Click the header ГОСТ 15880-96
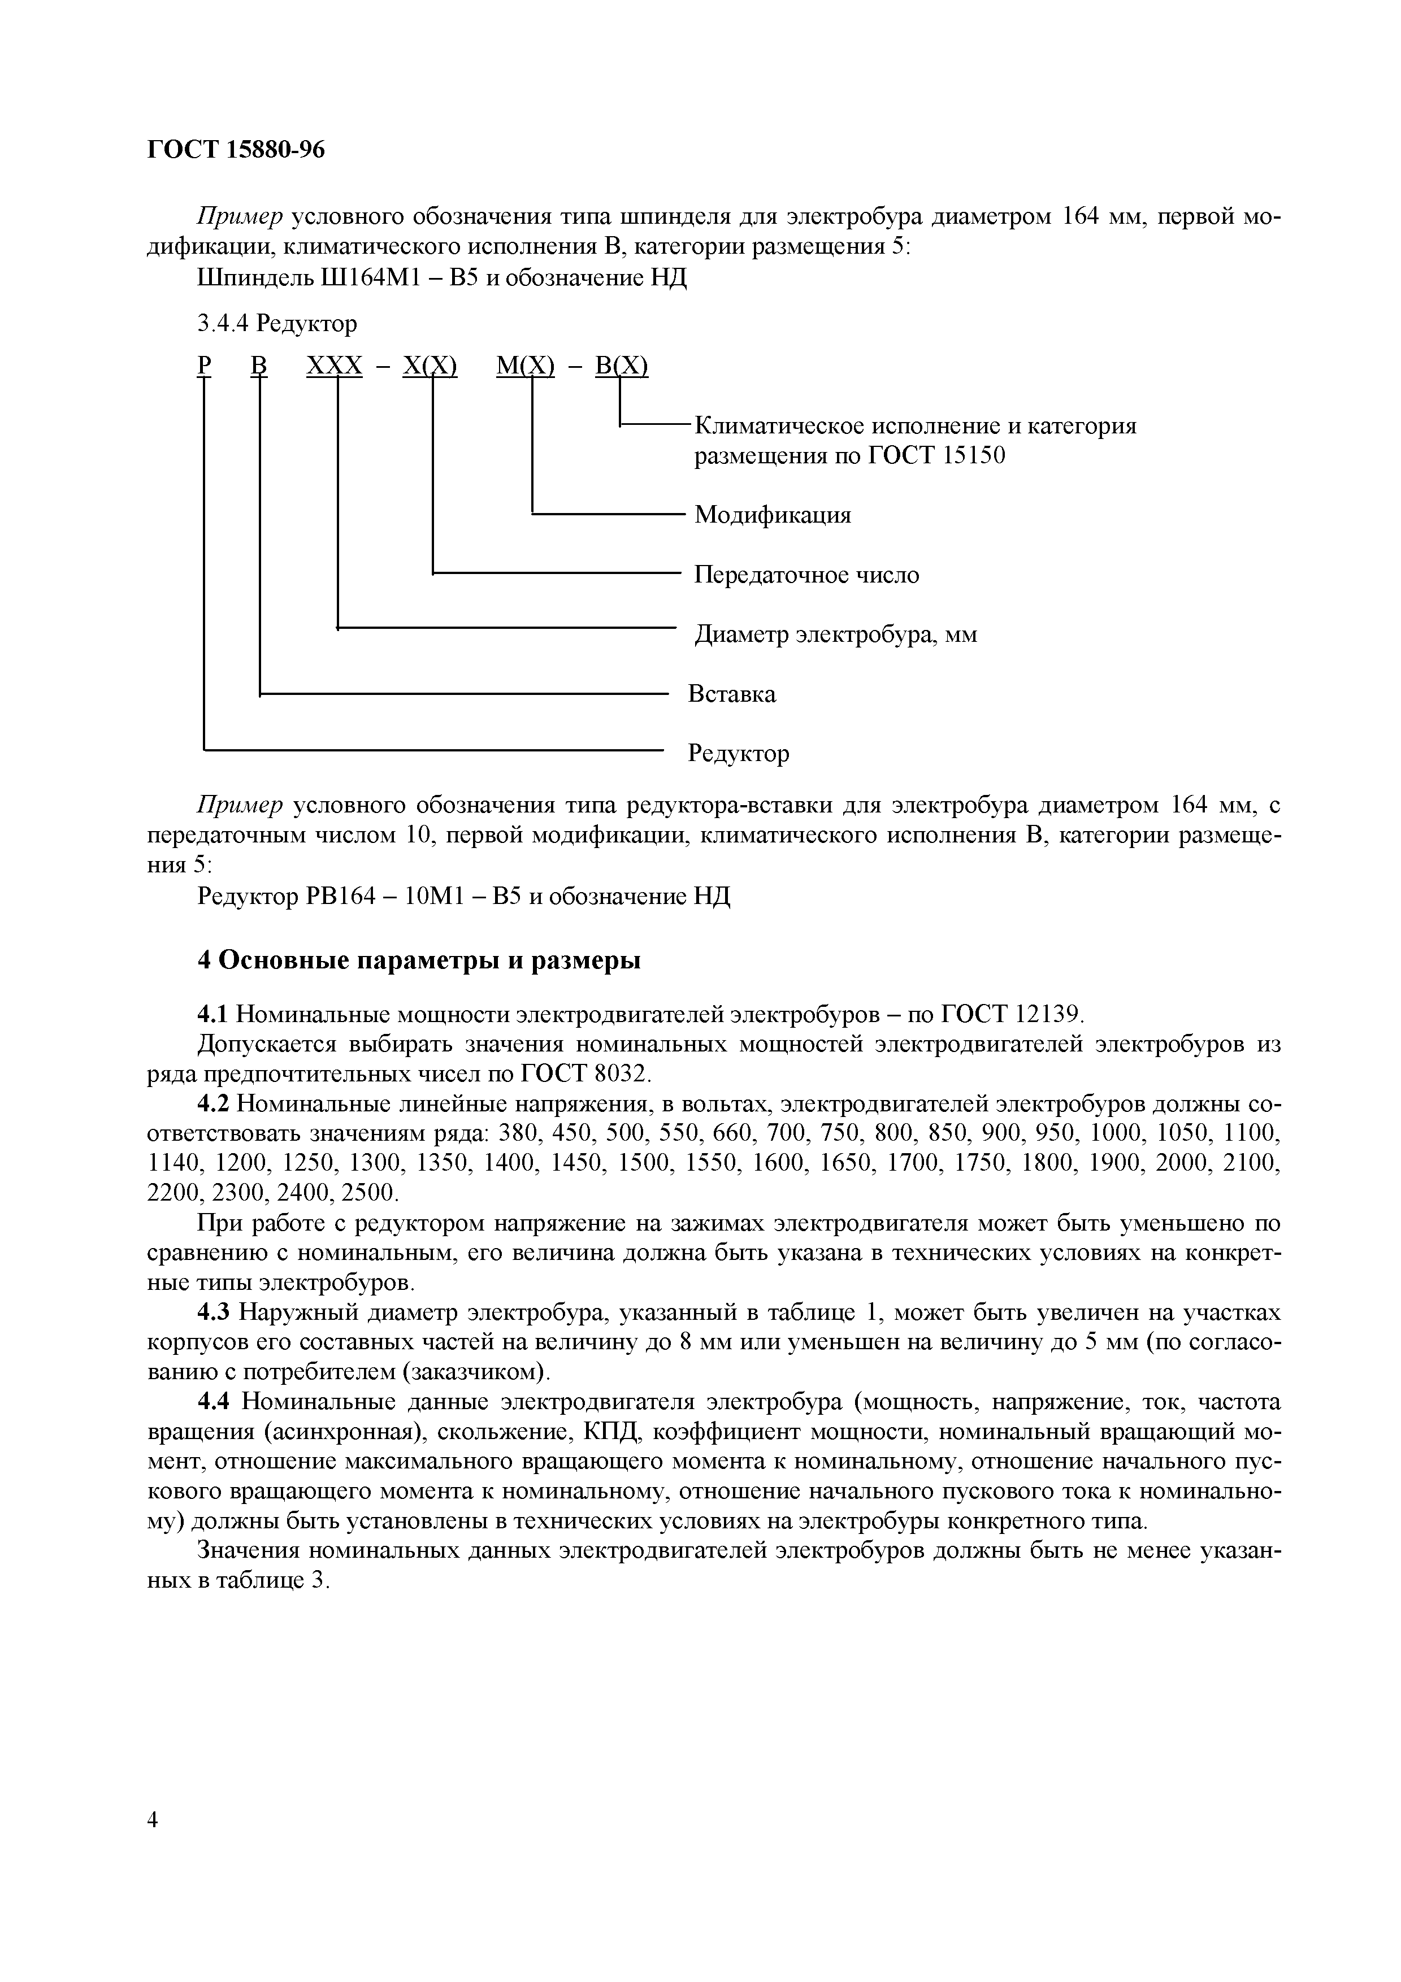(x=236, y=149)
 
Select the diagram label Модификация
(x=773, y=515)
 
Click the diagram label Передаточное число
(x=806, y=575)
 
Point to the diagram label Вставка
(x=731, y=694)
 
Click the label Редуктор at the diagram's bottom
(x=738, y=754)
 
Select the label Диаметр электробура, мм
(x=836, y=634)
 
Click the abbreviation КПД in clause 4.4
(x=611, y=1432)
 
